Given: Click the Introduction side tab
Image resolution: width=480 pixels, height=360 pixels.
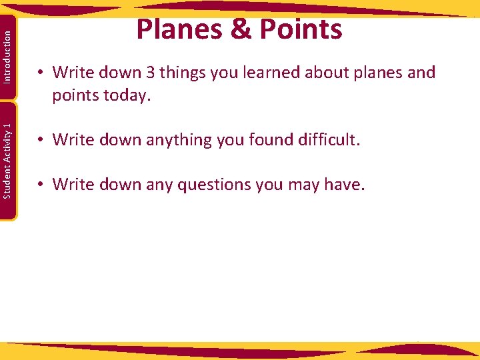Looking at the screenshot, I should (7, 58).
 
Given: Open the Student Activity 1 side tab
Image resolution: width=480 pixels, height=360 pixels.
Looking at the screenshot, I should (7, 160).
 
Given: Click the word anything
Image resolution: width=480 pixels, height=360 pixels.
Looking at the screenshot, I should (167, 140).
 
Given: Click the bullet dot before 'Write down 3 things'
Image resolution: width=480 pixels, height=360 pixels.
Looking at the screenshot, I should (41, 73).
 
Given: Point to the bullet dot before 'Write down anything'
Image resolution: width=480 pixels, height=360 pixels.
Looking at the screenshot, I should (41, 141).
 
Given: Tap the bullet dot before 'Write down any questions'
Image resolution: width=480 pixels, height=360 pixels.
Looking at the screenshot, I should (41, 185).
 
